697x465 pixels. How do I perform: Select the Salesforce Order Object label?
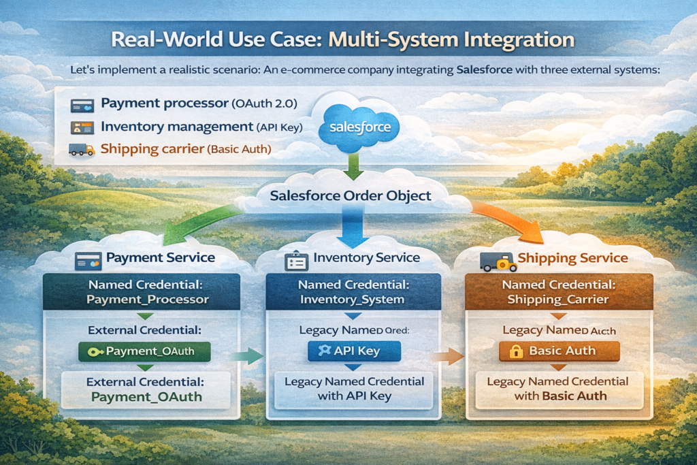351,196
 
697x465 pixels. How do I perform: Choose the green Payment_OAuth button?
144,351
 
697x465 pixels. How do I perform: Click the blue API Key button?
354,351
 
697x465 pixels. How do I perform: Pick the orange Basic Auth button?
559,351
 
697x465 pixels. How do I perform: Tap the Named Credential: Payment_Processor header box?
142,292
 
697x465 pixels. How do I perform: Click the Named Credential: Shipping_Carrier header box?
559,292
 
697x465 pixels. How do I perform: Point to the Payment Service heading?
160,258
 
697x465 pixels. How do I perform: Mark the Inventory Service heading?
366,258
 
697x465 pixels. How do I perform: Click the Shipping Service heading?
572,258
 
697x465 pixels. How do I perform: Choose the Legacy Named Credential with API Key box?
354,389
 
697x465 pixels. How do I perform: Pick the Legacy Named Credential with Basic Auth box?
557,389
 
